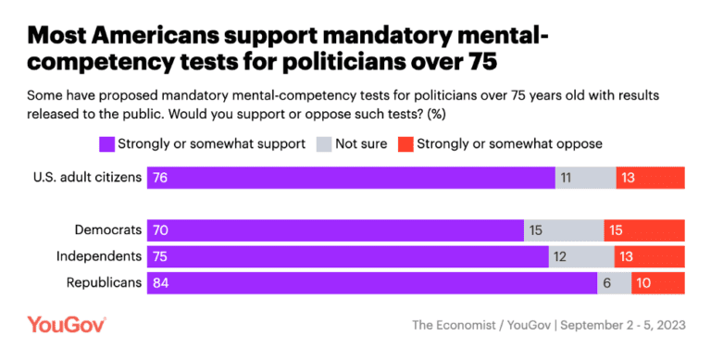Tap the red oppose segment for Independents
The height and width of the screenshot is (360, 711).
pos(649,256)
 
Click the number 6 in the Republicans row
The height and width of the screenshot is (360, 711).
pos(607,283)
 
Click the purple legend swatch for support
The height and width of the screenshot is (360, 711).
pos(106,143)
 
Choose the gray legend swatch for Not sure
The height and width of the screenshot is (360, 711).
pos(324,143)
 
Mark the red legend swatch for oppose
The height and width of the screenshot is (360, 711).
pos(405,143)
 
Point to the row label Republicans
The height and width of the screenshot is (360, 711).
pos(104,283)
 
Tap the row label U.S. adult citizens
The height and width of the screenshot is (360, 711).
pos(85,178)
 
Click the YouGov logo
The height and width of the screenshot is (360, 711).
pos(67,325)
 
